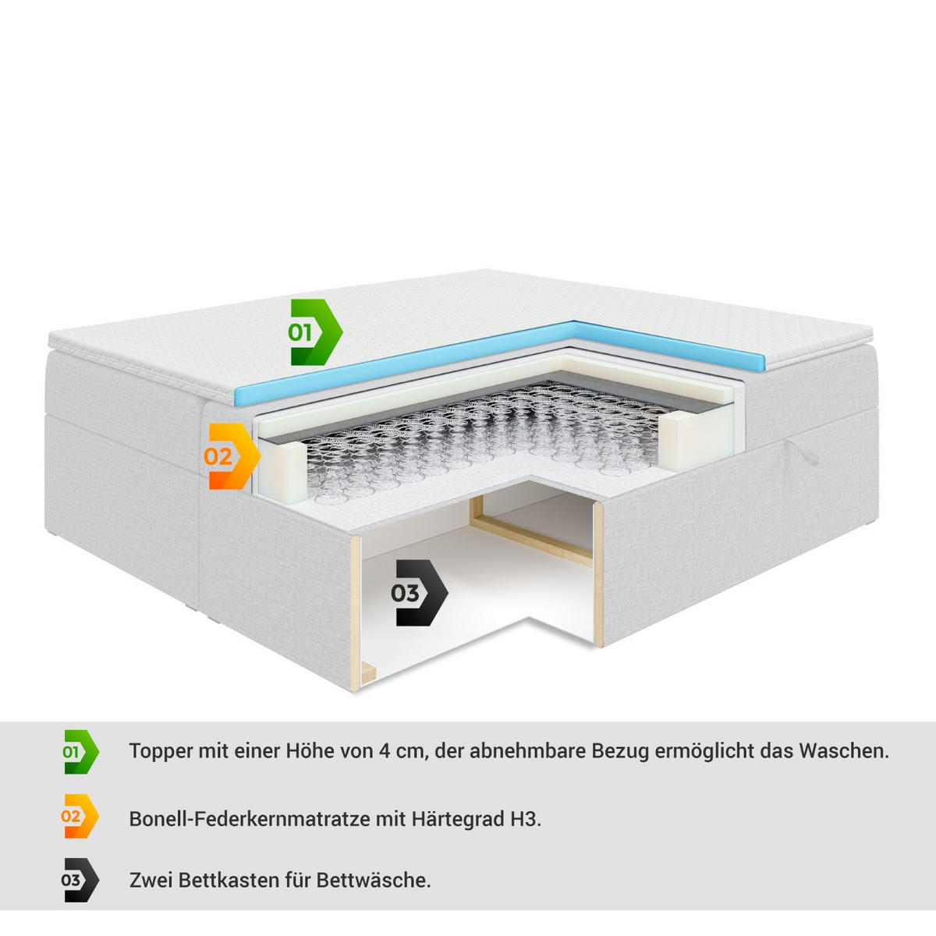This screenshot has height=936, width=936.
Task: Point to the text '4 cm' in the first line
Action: coord(402,751)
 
